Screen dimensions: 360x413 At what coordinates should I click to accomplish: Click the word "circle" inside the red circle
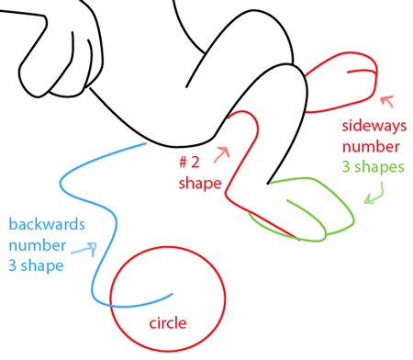(x=167, y=323)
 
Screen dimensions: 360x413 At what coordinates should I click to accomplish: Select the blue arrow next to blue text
(x=86, y=249)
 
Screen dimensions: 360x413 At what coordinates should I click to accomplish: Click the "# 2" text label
(x=190, y=163)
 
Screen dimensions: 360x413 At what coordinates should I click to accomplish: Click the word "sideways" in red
(x=372, y=125)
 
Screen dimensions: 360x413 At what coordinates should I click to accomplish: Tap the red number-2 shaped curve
(x=235, y=165)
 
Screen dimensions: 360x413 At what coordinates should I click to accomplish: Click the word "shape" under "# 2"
(x=199, y=183)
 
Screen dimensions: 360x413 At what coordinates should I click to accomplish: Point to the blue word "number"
(x=37, y=245)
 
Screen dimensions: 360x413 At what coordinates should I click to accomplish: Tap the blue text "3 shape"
(x=36, y=266)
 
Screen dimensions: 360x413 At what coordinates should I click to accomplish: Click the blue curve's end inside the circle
(x=172, y=294)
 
